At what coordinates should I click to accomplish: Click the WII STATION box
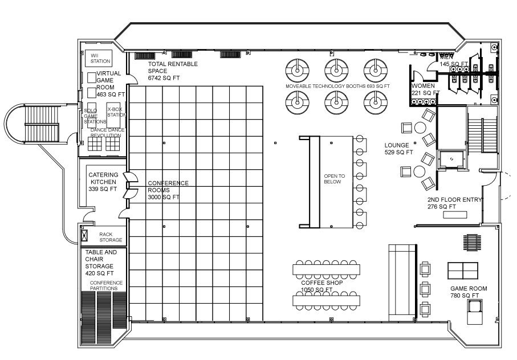[100, 58]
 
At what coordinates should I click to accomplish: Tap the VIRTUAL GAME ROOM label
[108, 84]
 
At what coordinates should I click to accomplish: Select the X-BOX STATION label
[116, 112]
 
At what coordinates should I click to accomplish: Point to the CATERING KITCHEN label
[103, 182]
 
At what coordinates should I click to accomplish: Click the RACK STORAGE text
[111, 237]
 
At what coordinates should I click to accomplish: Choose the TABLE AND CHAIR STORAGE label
[101, 262]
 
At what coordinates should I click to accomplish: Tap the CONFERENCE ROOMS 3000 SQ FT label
[168, 190]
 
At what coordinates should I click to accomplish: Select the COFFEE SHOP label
[317, 286]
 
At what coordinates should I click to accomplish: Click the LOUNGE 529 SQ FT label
[398, 149]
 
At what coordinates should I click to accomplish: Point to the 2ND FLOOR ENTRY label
[454, 203]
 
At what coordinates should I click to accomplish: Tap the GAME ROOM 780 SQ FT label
[469, 292]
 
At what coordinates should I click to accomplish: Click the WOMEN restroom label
[425, 89]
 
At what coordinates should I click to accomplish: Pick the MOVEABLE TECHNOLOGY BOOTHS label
[338, 86]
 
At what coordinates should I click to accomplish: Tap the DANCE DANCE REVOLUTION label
[107, 133]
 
